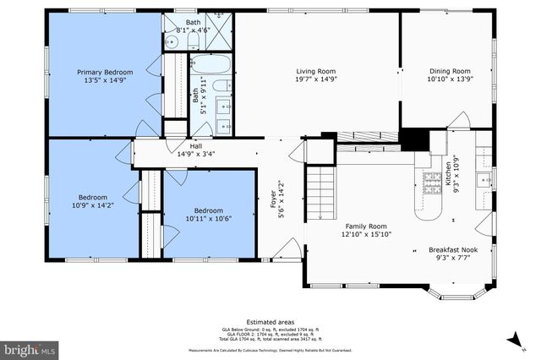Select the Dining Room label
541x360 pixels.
tap(448, 71)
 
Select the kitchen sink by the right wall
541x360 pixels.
tap(484, 179)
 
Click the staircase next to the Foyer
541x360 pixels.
tap(320, 191)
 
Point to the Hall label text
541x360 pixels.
tap(195, 146)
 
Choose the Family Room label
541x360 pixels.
tap(365, 226)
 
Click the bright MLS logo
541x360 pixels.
tap(30, 347)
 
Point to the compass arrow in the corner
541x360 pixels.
tap(513, 340)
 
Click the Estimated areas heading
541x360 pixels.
tap(270, 322)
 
